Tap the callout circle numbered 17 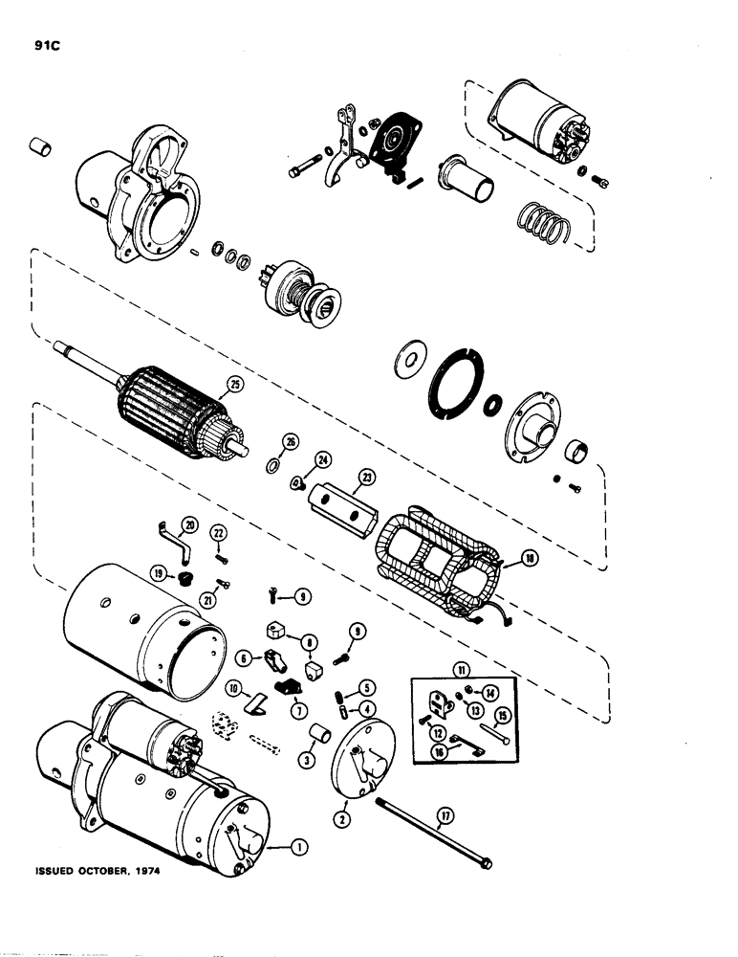click(x=444, y=817)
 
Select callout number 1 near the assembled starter click(x=298, y=846)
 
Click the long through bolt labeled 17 click(x=430, y=832)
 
